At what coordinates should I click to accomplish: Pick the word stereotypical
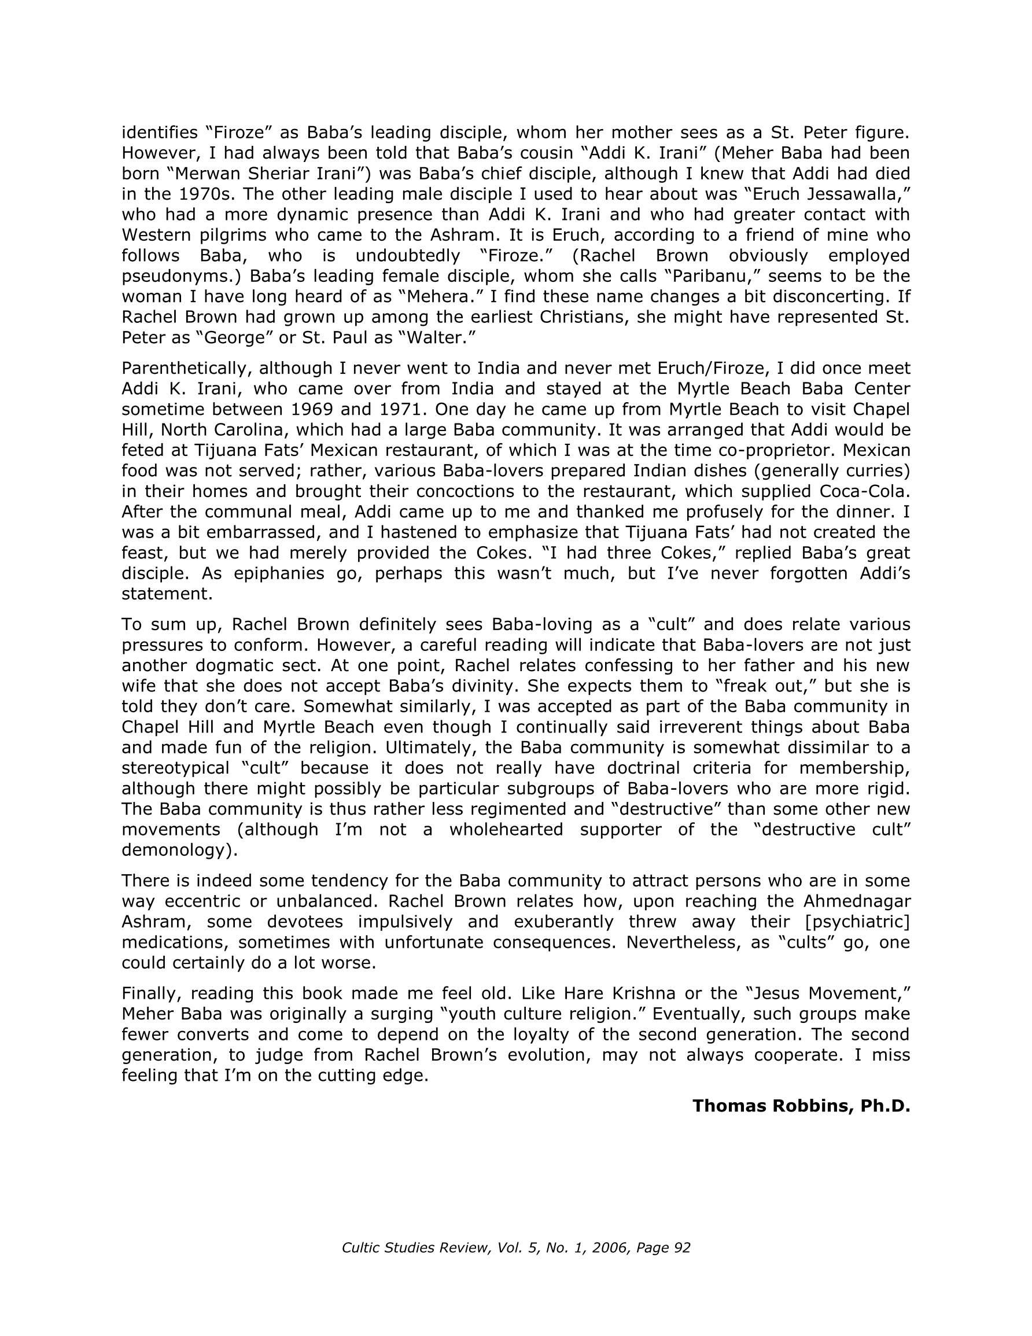[x=176, y=768]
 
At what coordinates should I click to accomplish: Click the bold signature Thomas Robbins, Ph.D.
[x=801, y=1106]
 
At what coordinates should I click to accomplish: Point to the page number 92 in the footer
[x=681, y=1247]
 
